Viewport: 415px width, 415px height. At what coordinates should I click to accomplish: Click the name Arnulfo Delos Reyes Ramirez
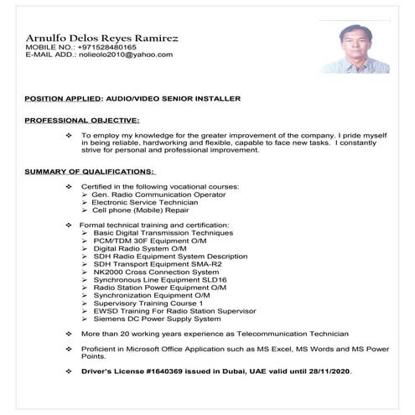(101, 38)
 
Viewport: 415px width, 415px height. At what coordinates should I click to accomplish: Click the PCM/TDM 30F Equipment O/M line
(149, 241)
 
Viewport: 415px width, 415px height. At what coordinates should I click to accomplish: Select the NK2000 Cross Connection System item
(155, 272)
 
